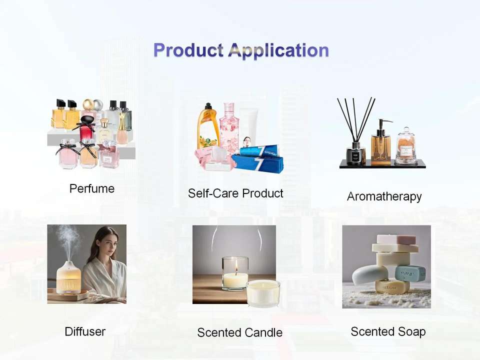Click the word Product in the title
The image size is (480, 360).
[188, 50]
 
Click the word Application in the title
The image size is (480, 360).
[278, 50]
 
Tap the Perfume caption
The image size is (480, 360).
[92, 188]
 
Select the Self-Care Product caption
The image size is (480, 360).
[235, 193]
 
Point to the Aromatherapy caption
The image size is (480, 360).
[384, 196]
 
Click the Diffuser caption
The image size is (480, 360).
[85, 331]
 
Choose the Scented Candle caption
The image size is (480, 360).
[239, 332]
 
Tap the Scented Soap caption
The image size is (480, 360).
[388, 331]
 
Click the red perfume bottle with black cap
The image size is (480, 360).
[88, 128]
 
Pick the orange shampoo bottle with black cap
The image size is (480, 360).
[208, 126]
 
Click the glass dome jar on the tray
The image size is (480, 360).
[406, 146]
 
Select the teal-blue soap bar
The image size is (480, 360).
[410, 273]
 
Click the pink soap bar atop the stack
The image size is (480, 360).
[396, 239]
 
